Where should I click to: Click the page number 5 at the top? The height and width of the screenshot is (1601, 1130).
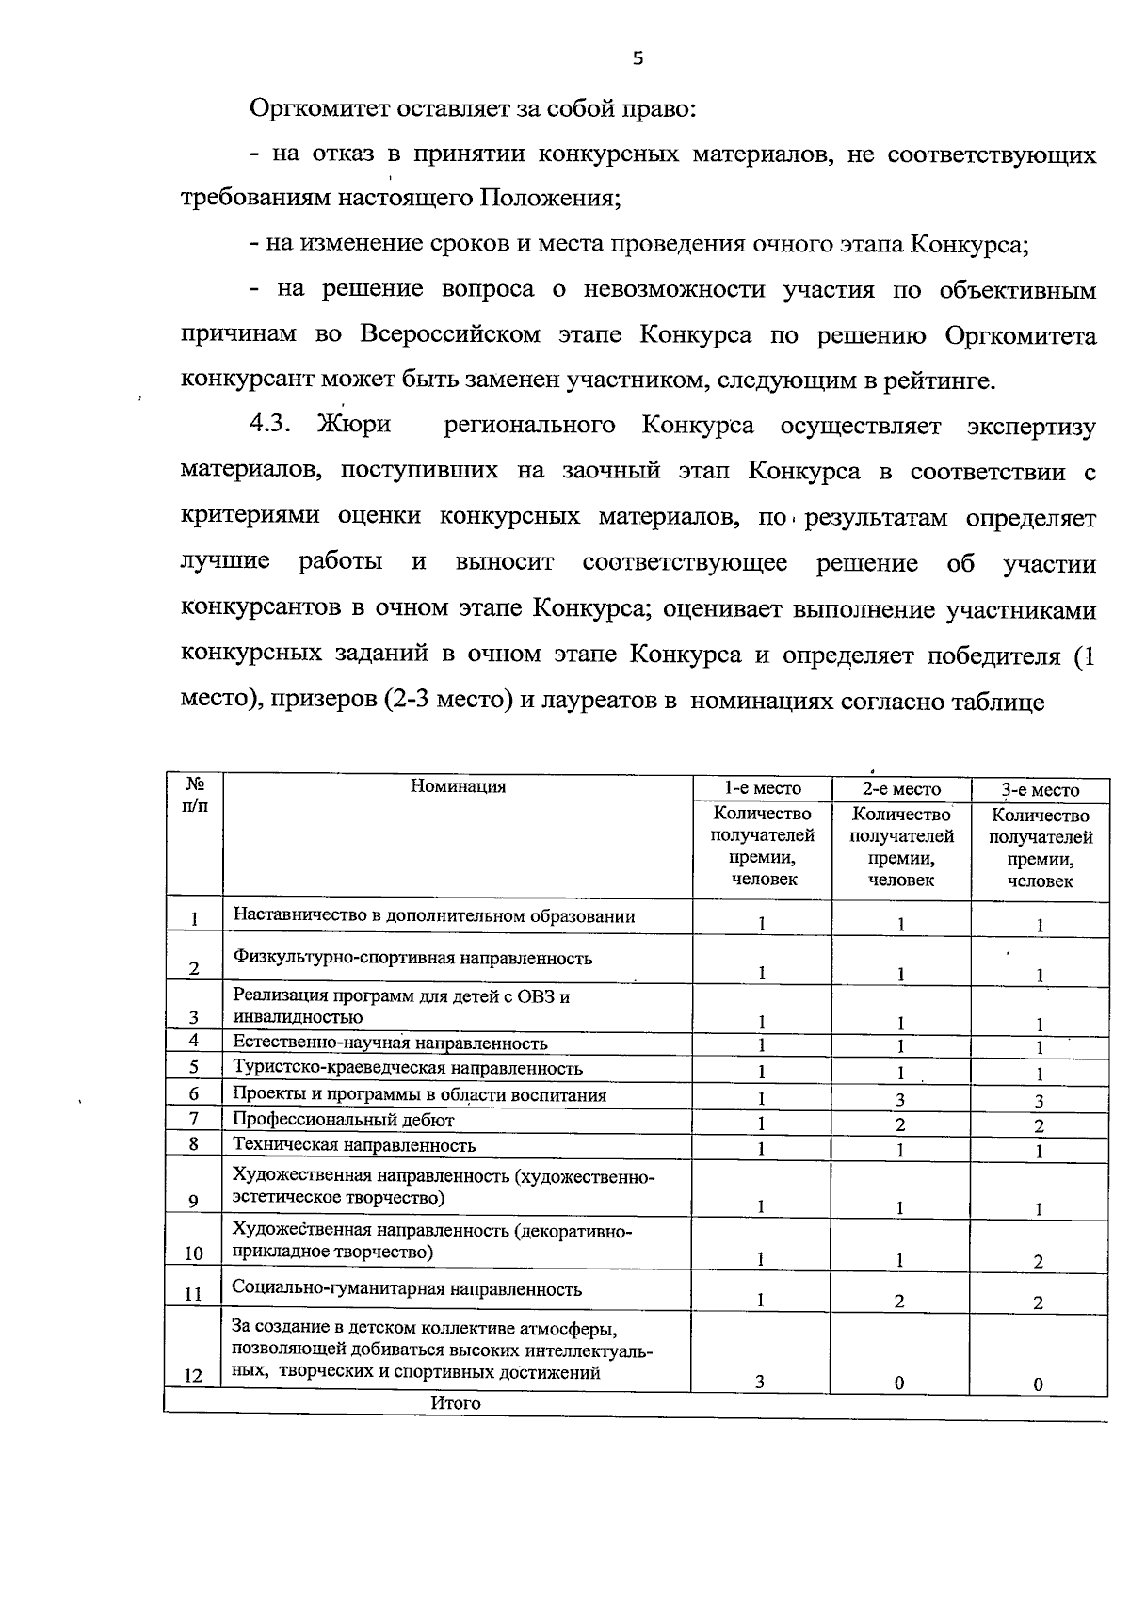[x=638, y=59]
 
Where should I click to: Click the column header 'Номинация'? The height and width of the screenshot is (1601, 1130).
[x=458, y=786]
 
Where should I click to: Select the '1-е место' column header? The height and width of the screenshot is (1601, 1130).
[x=762, y=788]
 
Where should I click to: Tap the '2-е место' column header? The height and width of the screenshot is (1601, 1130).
[x=901, y=789]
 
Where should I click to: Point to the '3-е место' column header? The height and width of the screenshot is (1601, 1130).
[x=1040, y=790]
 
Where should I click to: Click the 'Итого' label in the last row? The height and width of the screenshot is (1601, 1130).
[x=456, y=1402]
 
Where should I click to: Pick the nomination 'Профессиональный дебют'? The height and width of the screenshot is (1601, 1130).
[x=344, y=1120]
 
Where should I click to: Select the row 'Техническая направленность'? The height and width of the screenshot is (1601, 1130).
[x=354, y=1145]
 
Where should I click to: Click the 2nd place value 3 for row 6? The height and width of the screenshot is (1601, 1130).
[x=900, y=1099]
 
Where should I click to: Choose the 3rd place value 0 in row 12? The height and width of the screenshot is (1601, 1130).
[x=1038, y=1383]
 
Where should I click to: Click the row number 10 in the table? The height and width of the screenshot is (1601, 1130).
[x=193, y=1253]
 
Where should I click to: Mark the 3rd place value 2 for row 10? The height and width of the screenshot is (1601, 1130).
[x=1038, y=1262]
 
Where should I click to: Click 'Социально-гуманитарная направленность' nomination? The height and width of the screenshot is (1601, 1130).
[x=407, y=1289]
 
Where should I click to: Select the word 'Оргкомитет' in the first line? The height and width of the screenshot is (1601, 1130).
[x=315, y=108]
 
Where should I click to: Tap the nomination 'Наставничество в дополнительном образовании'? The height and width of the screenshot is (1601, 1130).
[x=434, y=915]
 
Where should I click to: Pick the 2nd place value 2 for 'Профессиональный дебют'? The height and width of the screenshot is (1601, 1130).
[x=900, y=1124]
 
